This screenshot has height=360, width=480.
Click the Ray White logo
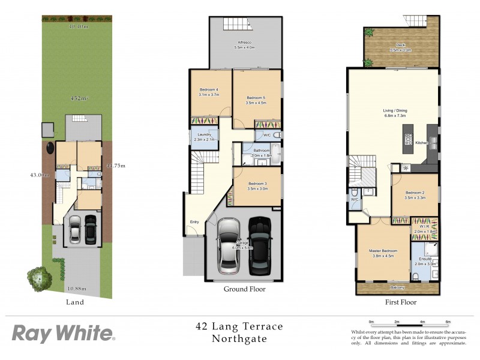63,334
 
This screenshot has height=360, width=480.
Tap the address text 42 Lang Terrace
239,327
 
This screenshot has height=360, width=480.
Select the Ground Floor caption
244,289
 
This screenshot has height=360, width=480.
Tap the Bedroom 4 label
210,92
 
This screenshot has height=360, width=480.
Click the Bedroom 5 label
256,100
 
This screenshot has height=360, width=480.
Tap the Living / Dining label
395,112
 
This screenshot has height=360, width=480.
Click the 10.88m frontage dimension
76,289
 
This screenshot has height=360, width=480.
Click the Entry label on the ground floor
194,222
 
